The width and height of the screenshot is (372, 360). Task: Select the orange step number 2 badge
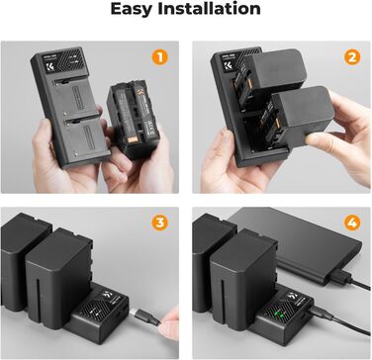[349, 57]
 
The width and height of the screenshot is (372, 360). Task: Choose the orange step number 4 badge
[349, 223]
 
